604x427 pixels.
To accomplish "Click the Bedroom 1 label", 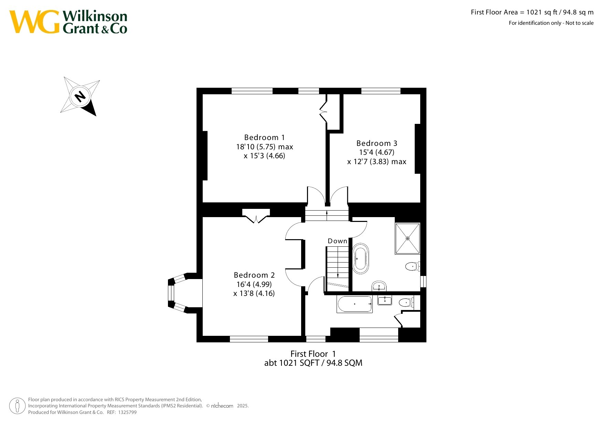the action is pyautogui.click(x=264, y=138).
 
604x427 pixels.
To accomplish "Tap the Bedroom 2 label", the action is pyautogui.click(x=254, y=275).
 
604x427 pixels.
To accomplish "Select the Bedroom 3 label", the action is pyautogui.click(x=377, y=143).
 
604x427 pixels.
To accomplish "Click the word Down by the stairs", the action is pyautogui.click(x=337, y=241).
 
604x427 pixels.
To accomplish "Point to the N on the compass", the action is pyautogui.click(x=80, y=96).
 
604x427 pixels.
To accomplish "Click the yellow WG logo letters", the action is pyautogui.click(x=34, y=22).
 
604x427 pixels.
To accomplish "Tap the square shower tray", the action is pyautogui.click(x=407, y=238).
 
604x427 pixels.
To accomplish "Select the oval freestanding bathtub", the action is pyautogui.click(x=361, y=258).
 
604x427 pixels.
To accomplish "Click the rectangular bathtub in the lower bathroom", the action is pyautogui.click(x=354, y=304).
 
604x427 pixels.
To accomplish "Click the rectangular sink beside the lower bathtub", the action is pyautogui.click(x=385, y=300).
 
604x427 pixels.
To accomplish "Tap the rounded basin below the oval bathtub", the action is pyautogui.click(x=379, y=286).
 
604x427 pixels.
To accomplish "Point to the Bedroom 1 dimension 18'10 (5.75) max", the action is pyautogui.click(x=264, y=147).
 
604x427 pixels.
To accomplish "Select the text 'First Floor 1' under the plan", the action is pyautogui.click(x=313, y=354).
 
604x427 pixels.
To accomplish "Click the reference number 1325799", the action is pyautogui.click(x=127, y=412).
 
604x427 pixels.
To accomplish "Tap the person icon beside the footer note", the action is pyautogui.click(x=17, y=406).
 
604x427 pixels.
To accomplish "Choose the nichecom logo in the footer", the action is pyautogui.click(x=222, y=406).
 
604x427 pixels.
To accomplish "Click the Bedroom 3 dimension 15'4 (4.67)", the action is pyautogui.click(x=377, y=152).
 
